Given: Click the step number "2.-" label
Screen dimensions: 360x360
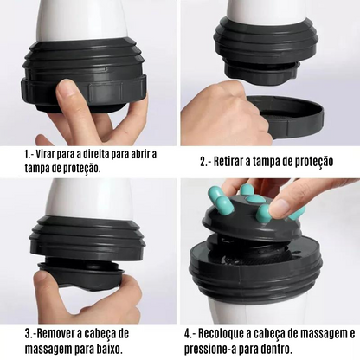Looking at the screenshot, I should (208, 161).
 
